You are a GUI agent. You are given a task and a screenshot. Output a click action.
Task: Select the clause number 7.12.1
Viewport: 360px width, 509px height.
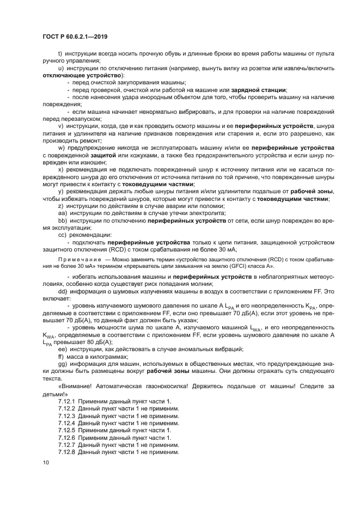point(66,401)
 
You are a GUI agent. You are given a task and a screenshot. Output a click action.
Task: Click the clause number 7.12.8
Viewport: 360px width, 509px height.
point(66,452)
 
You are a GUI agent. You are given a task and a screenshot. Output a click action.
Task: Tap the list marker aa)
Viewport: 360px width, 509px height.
point(62,214)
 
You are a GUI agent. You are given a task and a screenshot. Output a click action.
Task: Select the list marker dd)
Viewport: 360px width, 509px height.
point(63,291)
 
